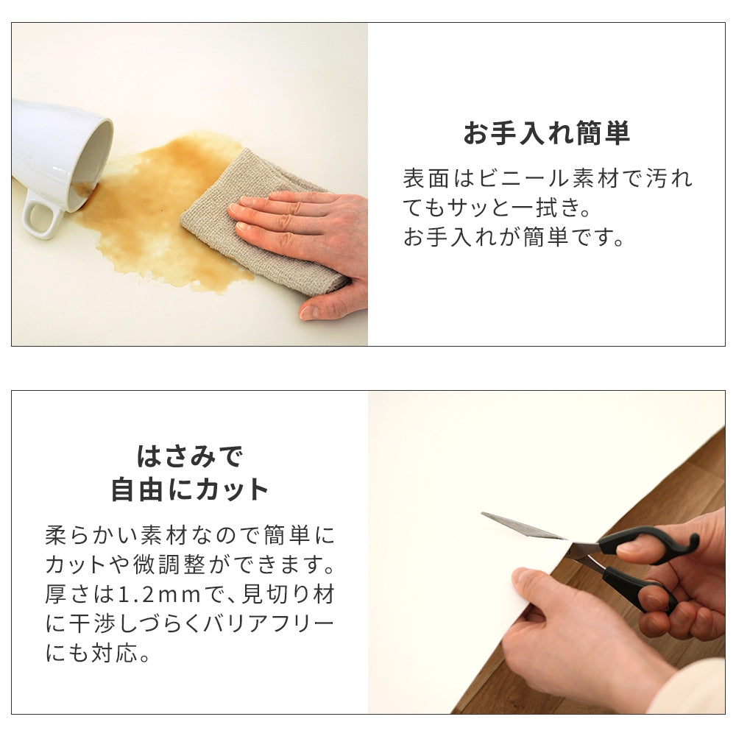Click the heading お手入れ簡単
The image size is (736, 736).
click(546, 135)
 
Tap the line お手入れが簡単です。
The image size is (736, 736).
click(514, 238)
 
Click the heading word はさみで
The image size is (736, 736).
click(189, 457)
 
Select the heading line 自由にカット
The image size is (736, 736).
click(189, 489)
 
